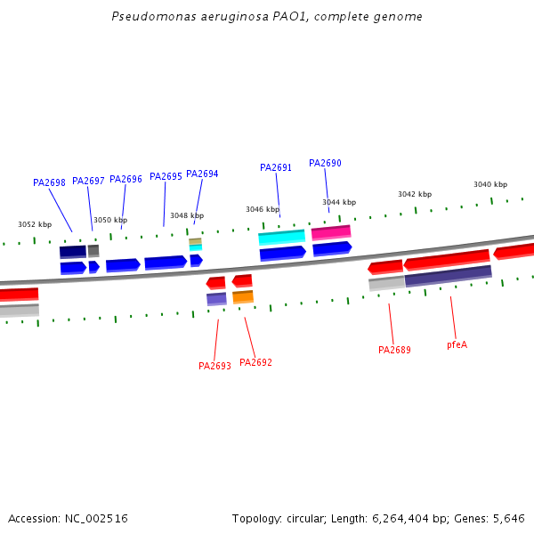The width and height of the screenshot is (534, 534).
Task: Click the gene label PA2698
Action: [49, 182]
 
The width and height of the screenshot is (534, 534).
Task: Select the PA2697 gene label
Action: [88, 181]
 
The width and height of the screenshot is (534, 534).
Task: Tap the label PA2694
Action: [202, 174]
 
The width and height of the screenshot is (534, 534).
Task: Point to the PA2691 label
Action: [276, 167]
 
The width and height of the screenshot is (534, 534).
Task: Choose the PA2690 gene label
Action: [325, 163]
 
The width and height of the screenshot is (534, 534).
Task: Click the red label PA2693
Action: [214, 366]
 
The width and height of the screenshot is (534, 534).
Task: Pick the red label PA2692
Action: [256, 362]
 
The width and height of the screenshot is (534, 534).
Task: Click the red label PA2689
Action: [394, 350]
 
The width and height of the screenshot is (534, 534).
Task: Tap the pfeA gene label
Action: [457, 344]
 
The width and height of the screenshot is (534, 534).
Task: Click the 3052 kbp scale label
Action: [35, 224]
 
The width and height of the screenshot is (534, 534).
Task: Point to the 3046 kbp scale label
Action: [263, 209]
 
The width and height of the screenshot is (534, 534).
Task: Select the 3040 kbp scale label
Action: [490, 184]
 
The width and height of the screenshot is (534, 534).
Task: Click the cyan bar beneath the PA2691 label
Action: [281, 237]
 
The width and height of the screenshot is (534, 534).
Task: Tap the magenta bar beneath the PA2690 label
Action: [330, 232]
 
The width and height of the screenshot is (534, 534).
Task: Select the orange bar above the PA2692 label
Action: [243, 296]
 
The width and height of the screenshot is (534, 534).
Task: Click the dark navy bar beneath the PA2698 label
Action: [73, 252]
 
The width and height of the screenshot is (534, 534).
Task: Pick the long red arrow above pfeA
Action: [447, 259]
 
